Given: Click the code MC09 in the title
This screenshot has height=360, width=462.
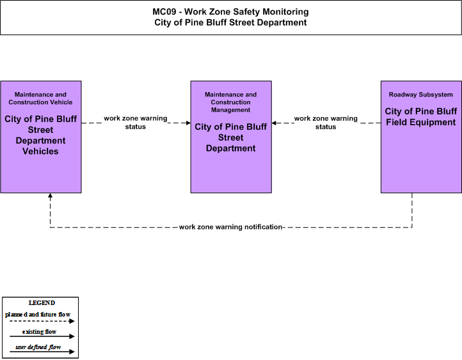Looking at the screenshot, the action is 164,12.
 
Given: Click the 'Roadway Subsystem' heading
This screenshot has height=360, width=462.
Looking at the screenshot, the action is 421,95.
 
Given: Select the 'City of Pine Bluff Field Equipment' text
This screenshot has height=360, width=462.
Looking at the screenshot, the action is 421,117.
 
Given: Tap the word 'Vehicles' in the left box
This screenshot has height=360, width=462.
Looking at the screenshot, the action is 40,152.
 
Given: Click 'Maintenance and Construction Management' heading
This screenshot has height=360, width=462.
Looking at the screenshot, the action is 231,102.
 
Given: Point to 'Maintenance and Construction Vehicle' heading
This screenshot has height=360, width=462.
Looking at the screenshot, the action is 40,98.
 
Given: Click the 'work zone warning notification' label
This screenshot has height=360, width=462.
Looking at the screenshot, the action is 231,227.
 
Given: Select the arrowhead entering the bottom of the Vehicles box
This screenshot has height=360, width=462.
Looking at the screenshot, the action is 50,196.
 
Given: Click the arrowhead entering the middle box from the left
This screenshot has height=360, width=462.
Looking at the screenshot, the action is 188,123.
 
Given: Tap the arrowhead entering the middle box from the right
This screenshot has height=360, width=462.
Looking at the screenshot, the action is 274,123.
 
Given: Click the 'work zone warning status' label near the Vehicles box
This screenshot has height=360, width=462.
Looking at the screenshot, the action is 136,123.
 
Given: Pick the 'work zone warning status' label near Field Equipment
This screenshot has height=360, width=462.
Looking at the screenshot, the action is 326,123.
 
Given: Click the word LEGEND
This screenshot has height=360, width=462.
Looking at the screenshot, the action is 42,303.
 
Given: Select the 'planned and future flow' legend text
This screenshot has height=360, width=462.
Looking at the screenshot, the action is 38,315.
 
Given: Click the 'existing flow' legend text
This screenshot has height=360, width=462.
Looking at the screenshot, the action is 39,332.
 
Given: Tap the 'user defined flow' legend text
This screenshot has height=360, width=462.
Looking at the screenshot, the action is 38,347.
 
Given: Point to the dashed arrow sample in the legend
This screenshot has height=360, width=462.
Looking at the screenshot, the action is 42,321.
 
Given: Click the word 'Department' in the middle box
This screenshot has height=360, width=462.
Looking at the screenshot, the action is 231,148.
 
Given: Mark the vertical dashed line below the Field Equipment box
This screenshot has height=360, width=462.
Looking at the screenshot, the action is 412,210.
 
